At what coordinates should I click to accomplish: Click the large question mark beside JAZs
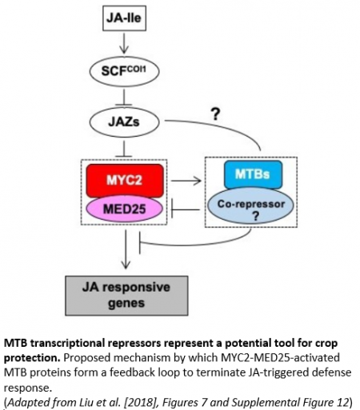[214, 114]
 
